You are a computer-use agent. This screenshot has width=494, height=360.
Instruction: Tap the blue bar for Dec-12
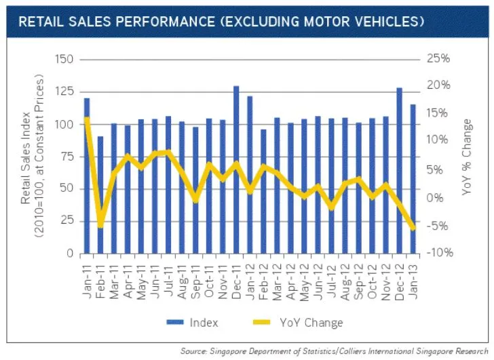[x=399, y=170]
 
